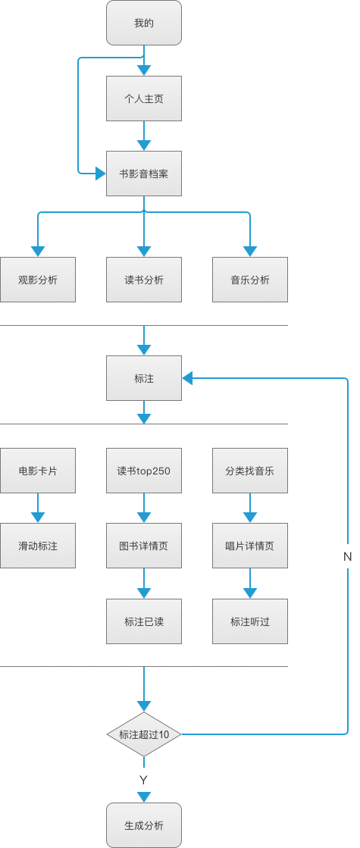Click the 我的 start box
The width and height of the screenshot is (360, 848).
click(x=144, y=23)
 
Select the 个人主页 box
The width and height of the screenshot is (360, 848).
click(x=144, y=99)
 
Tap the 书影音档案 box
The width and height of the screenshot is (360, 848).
click(x=144, y=174)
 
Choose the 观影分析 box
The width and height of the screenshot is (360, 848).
click(x=38, y=280)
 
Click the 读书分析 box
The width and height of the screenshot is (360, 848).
click(x=144, y=280)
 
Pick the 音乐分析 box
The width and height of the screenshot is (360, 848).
click(x=250, y=280)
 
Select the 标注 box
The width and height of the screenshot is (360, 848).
click(x=144, y=378)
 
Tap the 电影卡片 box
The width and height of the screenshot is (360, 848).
click(x=38, y=470)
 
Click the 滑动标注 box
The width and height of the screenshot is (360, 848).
click(x=38, y=546)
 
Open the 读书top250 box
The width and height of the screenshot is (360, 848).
click(x=144, y=470)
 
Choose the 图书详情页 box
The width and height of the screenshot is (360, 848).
click(x=144, y=546)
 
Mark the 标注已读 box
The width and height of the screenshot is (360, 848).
click(x=144, y=621)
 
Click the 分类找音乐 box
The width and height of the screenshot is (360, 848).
click(x=250, y=470)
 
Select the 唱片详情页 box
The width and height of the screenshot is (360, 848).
click(x=250, y=546)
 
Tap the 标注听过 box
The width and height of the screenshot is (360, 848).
click(x=250, y=621)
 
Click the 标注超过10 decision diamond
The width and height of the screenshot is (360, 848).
click(x=144, y=734)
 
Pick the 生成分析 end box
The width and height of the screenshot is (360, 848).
click(x=144, y=825)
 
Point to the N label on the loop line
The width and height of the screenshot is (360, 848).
click(x=348, y=556)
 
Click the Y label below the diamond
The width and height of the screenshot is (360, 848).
click(x=143, y=780)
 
